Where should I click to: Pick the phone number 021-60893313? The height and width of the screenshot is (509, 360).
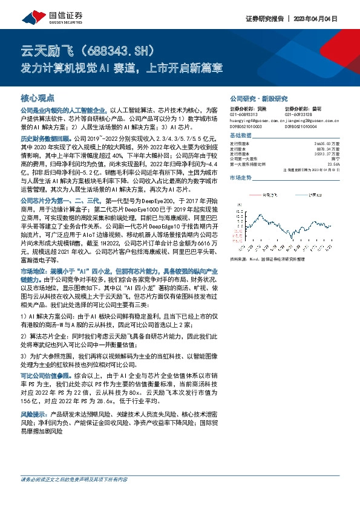point(243,114)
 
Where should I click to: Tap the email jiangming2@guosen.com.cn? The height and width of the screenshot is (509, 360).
point(311,119)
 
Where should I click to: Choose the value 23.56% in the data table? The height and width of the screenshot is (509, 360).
point(342,163)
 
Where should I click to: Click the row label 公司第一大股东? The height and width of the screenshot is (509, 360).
point(243,158)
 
